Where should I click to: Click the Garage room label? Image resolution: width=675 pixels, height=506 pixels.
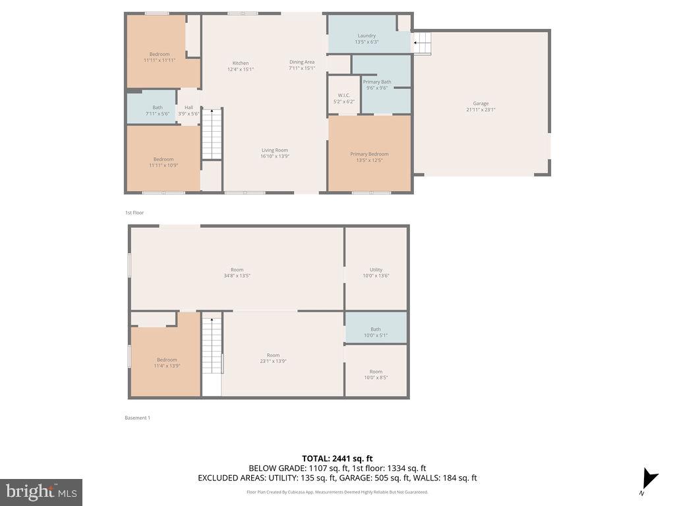481,106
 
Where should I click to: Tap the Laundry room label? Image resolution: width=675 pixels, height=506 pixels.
367,38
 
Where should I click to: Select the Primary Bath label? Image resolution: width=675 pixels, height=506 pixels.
376,84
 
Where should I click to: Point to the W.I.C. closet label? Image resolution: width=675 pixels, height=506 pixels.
343,98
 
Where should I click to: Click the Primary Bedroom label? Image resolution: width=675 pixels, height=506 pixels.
369,157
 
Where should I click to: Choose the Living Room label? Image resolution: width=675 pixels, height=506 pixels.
275,153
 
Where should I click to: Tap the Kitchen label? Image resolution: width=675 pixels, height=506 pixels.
240,66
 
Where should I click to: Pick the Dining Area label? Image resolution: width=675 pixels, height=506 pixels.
302,65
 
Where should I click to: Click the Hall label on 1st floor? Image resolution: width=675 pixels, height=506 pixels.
189,110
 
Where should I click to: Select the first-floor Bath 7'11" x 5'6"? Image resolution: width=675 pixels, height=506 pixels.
157,110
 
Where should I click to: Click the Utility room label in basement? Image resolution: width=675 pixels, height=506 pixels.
376,273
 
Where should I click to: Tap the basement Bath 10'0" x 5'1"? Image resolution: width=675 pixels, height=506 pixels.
376,332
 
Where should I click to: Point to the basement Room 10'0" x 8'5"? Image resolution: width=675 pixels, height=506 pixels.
376,374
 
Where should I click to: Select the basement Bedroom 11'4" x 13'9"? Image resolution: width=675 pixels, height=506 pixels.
167,362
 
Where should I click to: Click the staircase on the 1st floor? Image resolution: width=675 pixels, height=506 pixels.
212,135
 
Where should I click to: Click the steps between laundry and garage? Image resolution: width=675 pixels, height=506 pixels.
422,44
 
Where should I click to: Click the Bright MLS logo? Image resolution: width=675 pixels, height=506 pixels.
41,492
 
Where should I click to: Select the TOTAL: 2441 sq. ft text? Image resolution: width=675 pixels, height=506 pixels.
337,459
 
